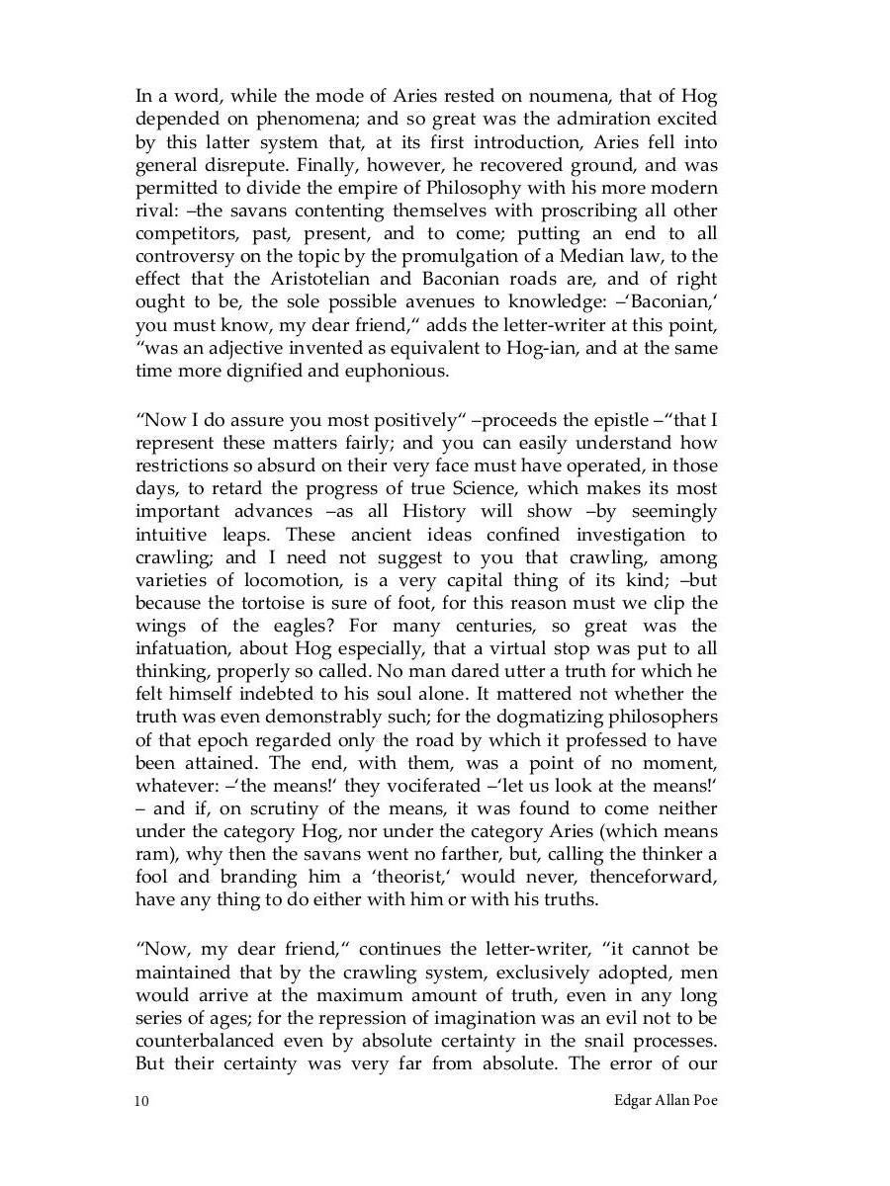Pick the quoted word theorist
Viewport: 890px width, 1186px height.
(371, 877)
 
